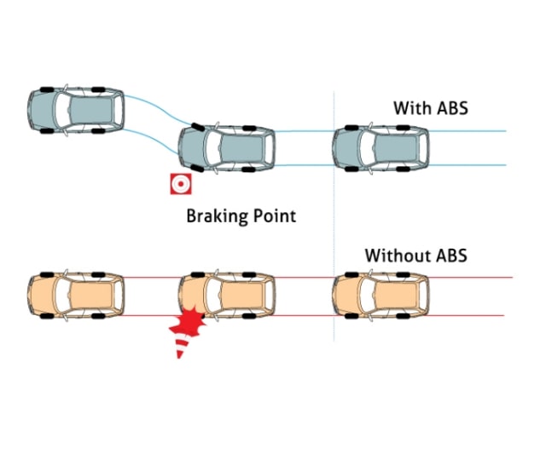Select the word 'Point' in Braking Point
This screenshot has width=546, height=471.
tap(275, 215)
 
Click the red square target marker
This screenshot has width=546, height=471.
tap(181, 183)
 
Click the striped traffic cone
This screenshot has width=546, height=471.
tap(183, 346)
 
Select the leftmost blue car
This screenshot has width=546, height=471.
tap(76, 110)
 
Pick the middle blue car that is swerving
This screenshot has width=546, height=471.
tap(226, 147)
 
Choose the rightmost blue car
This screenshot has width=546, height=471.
tap(380, 147)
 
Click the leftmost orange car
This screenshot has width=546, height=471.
tap(76, 295)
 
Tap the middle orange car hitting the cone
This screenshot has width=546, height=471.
tap(227, 295)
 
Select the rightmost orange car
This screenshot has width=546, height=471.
tap(380, 295)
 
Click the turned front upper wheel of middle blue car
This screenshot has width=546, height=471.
tap(198, 127)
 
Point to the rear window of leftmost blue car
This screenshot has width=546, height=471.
tap(118, 110)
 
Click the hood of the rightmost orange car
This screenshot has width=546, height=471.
tap(347, 295)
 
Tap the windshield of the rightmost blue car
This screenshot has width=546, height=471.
tap(367, 147)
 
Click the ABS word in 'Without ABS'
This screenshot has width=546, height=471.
tap(451, 256)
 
